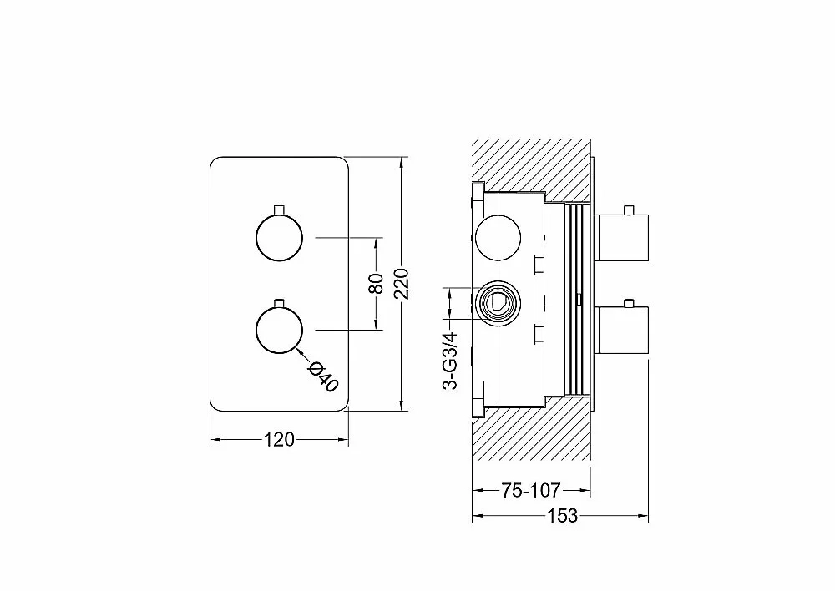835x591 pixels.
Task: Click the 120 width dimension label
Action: click(279, 440)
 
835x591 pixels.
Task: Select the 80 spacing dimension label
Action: click(376, 283)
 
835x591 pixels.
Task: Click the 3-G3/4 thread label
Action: click(451, 361)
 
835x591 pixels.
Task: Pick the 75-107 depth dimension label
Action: click(530, 490)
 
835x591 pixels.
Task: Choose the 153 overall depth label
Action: click(562, 515)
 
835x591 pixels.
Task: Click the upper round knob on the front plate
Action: click(279, 238)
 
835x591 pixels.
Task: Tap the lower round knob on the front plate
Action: click(279, 330)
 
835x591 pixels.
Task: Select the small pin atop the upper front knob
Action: click(279, 210)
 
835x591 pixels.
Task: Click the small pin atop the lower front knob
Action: click(279, 302)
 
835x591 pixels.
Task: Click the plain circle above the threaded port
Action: click(498, 238)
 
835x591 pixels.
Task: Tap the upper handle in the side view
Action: click(621, 238)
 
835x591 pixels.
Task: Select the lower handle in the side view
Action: click(621, 330)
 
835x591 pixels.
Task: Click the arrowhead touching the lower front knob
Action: click(299, 350)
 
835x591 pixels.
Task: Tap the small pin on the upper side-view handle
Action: click(630, 210)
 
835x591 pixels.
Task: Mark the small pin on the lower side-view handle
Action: click(630, 302)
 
